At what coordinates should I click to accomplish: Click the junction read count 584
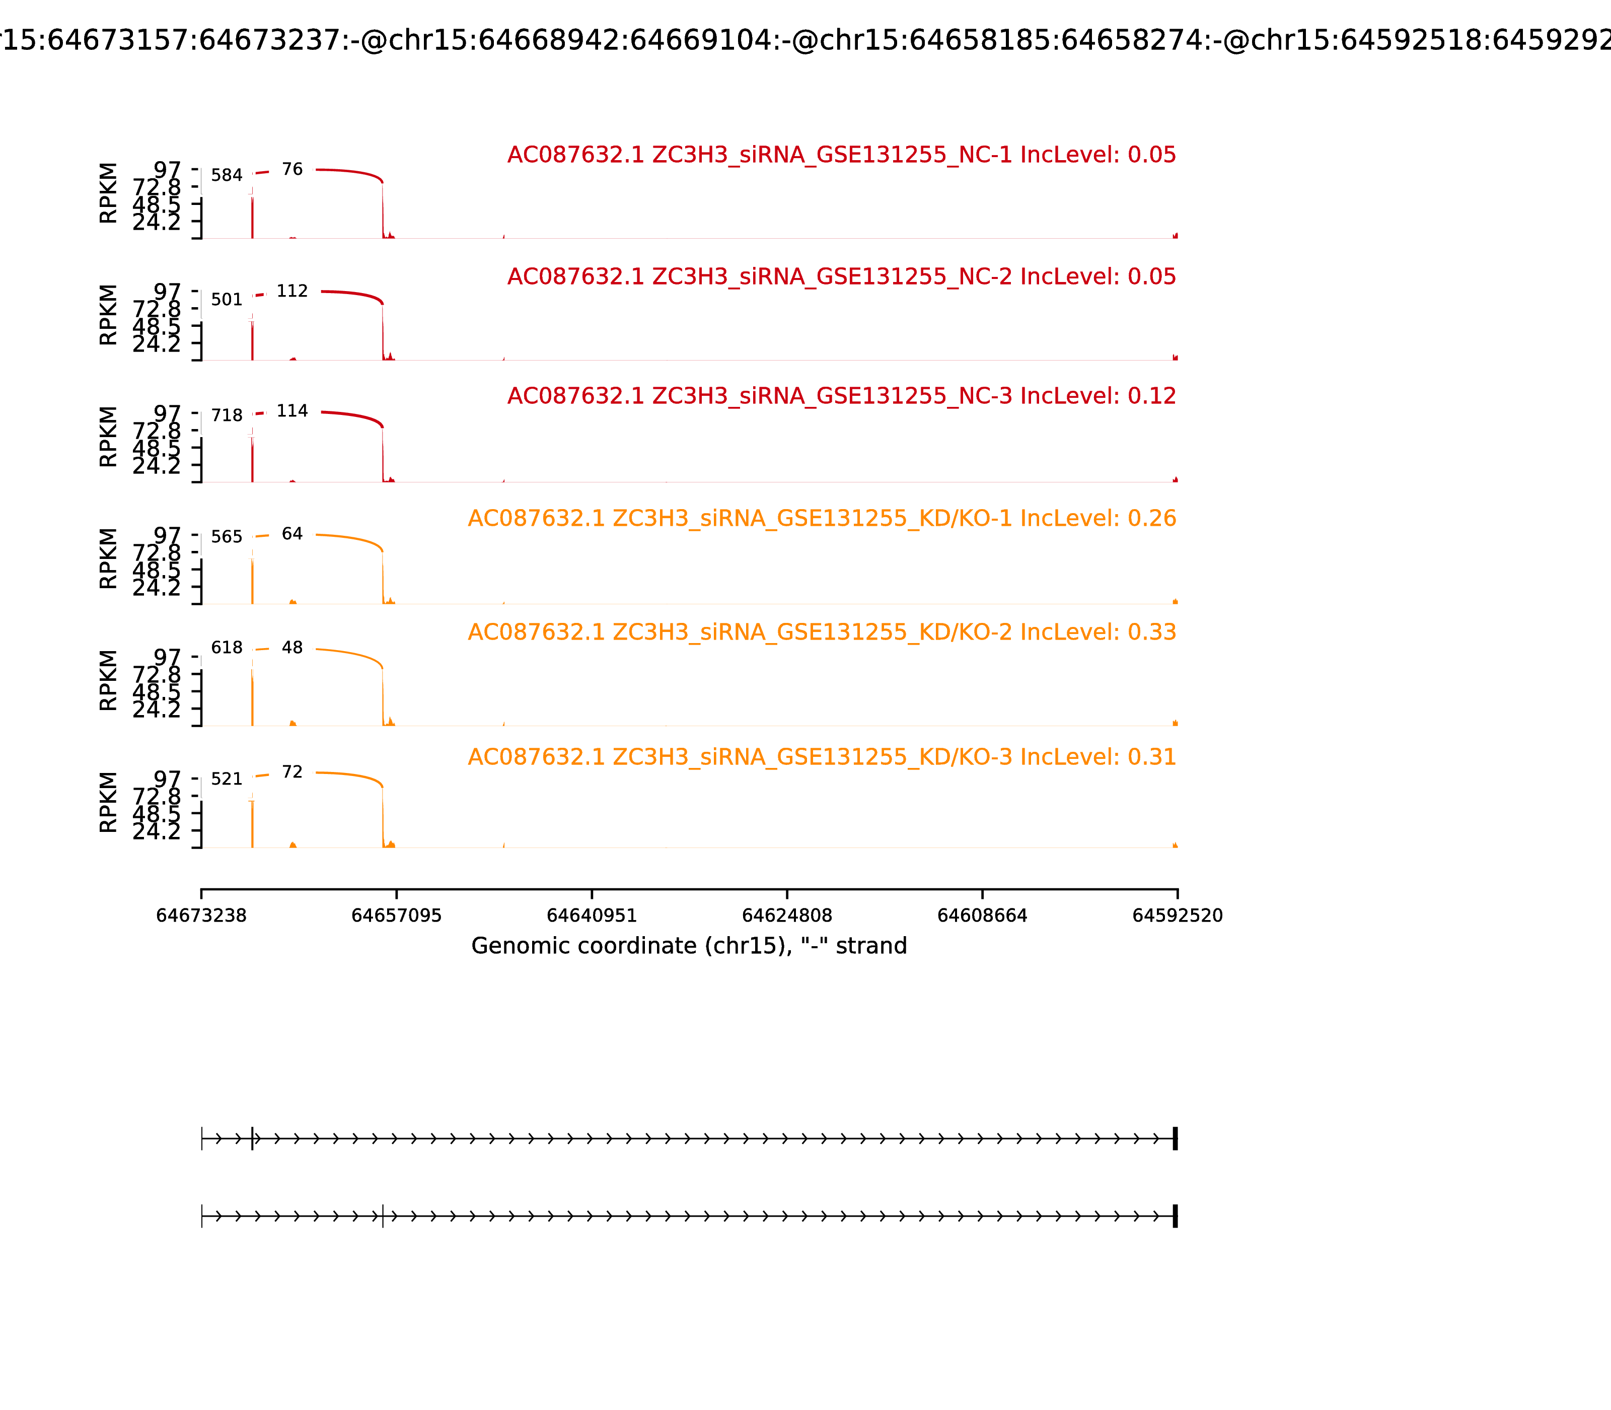pyautogui.click(x=227, y=175)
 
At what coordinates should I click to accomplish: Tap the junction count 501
pyautogui.click(x=227, y=300)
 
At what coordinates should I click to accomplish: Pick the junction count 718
pyautogui.click(x=227, y=415)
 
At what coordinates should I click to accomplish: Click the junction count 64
pyautogui.click(x=292, y=534)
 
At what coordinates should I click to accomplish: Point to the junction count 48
pyautogui.click(x=292, y=648)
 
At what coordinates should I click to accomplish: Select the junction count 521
pyautogui.click(x=227, y=779)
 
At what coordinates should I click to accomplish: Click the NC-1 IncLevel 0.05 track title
pyautogui.click(x=841, y=155)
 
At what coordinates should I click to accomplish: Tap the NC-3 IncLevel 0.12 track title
pyautogui.click(x=841, y=396)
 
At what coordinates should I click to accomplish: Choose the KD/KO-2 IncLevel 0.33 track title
pyautogui.click(x=821, y=632)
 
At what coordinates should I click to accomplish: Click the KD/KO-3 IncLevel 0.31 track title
pyautogui.click(x=821, y=757)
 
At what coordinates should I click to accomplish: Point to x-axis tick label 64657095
pyautogui.click(x=397, y=916)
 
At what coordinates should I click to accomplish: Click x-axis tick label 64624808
pyautogui.click(x=786, y=916)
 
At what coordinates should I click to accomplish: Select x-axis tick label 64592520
pyautogui.click(x=1177, y=916)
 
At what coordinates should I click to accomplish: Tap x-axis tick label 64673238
pyautogui.click(x=201, y=916)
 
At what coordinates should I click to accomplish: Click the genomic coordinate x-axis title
pyautogui.click(x=689, y=946)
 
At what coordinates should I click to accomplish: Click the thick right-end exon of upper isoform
pyautogui.click(x=1175, y=1139)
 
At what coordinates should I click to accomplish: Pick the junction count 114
pyautogui.click(x=292, y=411)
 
